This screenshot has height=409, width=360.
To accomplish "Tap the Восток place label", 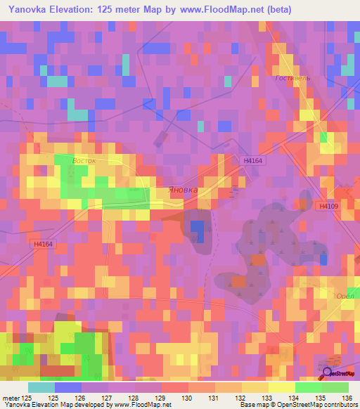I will coord(84,160).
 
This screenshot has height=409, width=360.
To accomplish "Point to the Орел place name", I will coord(343,296).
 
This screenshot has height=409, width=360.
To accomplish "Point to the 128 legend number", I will coord(132,398).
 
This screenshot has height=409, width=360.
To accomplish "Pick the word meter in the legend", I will coord(11,398).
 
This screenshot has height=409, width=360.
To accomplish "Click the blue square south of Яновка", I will coord(198,231).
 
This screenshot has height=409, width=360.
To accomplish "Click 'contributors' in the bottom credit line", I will coord(337,405).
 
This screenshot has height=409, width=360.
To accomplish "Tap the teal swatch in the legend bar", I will coord(41,387).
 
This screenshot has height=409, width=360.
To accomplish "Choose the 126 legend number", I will coord(79,398).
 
